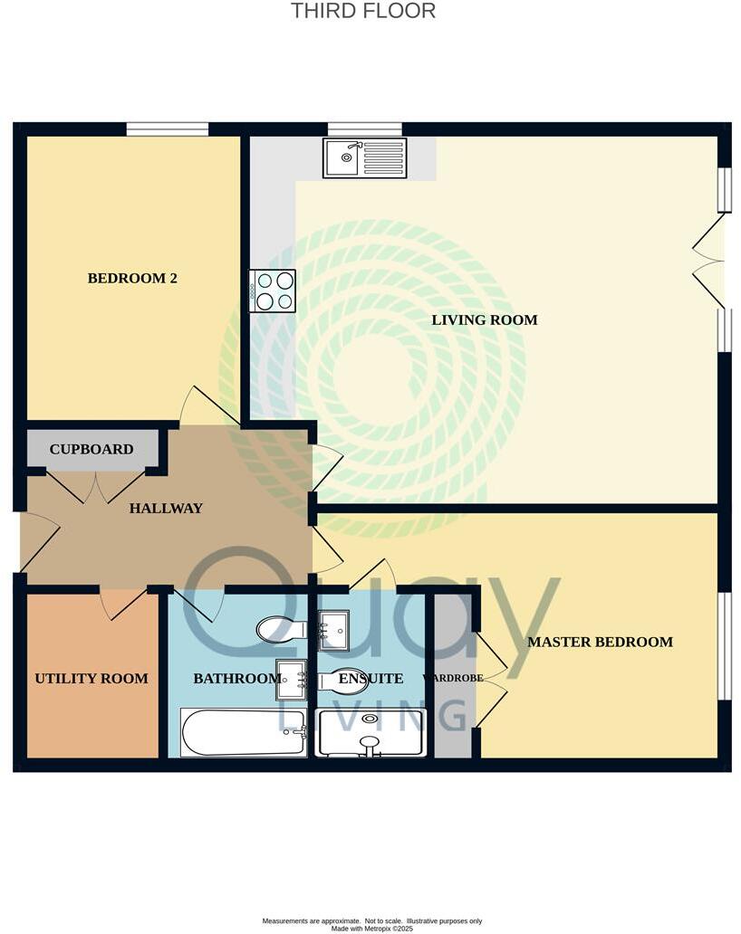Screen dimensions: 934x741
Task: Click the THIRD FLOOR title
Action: click(362, 12)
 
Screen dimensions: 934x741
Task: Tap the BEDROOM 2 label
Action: click(132, 278)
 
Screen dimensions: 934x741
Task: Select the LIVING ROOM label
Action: click(484, 319)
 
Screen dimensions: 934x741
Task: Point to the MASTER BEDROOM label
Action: click(600, 642)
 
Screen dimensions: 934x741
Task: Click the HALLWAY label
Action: click(166, 509)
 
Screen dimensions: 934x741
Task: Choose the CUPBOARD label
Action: click(91, 449)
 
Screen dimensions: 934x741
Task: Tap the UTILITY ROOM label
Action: click(91, 678)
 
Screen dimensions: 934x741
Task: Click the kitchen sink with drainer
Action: click(365, 157)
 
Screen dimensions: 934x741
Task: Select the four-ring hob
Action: click(273, 291)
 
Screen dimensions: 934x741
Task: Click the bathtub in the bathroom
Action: click(244, 732)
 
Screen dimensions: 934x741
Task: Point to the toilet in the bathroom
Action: click(280, 628)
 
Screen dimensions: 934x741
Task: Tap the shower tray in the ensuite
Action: click(370, 732)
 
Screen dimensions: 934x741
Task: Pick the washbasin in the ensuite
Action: click(333, 630)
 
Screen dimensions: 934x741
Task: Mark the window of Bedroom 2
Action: click(168, 129)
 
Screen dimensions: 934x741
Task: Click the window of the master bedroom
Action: click(724, 645)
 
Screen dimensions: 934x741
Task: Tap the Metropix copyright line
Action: click(371, 928)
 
